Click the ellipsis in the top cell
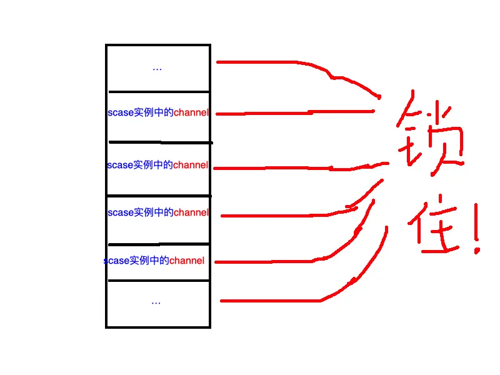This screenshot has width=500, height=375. [157, 68]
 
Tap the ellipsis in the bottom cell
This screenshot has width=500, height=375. [156, 302]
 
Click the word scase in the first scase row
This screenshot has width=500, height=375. [121, 113]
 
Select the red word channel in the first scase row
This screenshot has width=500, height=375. [191, 113]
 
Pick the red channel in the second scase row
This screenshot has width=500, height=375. [191, 166]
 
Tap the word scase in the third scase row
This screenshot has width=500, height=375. [121, 212]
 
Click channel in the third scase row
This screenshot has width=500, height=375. [191, 212]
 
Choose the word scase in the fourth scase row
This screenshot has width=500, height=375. [116, 261]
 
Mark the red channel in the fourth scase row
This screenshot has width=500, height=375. [187, 261]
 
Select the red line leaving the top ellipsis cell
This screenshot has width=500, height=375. [262, 62]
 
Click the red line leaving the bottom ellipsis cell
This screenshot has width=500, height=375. [269, 301]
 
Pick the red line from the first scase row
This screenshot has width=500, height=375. [281, 113]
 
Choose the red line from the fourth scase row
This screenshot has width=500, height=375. [269, 259]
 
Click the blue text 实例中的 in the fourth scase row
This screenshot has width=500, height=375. [149, 261]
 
